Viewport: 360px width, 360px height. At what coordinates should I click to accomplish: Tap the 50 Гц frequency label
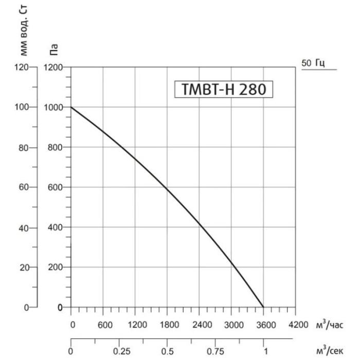tap(312, 63)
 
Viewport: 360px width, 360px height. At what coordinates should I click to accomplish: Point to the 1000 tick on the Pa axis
tap(54, 107)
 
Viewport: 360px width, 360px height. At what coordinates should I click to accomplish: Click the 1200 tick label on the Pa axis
tap(54, 67)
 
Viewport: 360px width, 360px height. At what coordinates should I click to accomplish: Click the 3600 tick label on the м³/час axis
tap(263, 325)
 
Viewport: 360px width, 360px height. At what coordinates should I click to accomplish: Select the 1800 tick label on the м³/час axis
tap(167, 325)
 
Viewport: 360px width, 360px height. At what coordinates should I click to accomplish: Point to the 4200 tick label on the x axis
tap(295, 325)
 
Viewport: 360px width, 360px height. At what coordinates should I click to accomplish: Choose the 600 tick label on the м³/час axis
tap(103, 325)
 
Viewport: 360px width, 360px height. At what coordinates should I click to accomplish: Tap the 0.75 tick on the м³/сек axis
tap(215, 352)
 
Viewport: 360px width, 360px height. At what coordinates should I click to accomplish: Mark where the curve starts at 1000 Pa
tap(71, 107)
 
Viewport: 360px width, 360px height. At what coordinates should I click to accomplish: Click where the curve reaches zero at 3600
tap(263, 307)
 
